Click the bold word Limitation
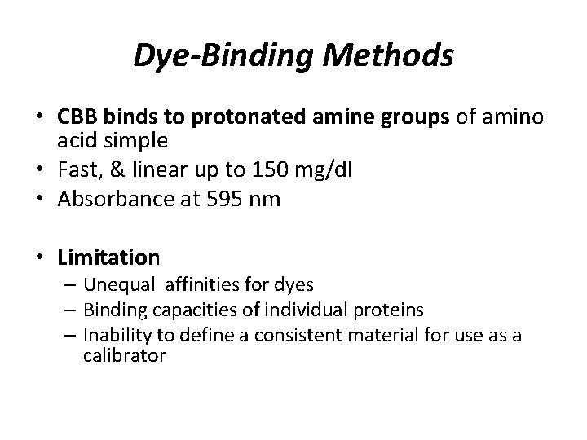click(x=108, y=257)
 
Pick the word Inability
click(x=117, y=337)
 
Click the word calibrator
click(x=125, y=355)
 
